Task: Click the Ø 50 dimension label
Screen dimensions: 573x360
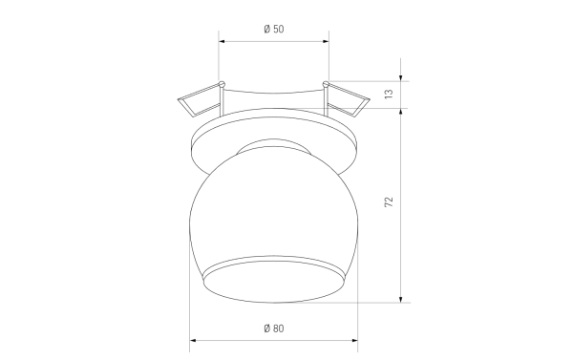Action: tap(274, 29)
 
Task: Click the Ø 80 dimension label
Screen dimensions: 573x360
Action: tap(274, 328)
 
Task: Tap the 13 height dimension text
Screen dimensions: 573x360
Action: tap(389, 94)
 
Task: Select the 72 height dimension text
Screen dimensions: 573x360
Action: tap(389, 201)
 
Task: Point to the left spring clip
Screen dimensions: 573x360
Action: tap(200, 101)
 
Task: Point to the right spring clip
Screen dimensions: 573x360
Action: tap(348, 100)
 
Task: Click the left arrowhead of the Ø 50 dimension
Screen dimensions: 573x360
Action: tap(222, 41)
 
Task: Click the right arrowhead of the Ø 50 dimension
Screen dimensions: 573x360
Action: tap(326, 41)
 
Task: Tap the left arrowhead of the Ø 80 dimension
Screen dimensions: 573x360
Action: tap(193, 341)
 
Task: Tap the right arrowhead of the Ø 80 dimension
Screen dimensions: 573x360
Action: tap(355, 341)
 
